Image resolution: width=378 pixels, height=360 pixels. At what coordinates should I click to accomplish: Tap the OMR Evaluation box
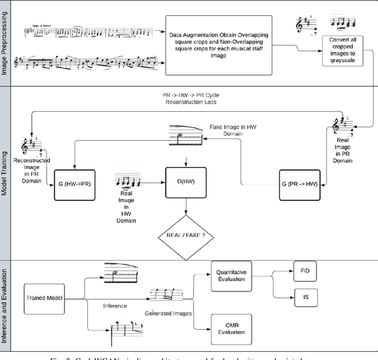tap(232, 328)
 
